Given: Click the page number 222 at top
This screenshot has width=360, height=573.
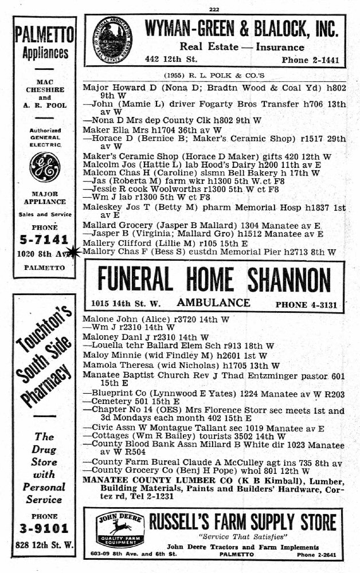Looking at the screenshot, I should tap(215, 8).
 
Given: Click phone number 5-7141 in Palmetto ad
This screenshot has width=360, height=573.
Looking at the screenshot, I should tap(44, 239).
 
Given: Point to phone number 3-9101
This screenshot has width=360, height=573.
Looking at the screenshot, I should tap(44, 527).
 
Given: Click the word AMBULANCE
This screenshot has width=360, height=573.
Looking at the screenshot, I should tap(213, 303).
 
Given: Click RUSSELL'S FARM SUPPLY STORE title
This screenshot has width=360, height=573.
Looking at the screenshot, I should tap(243, 522).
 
